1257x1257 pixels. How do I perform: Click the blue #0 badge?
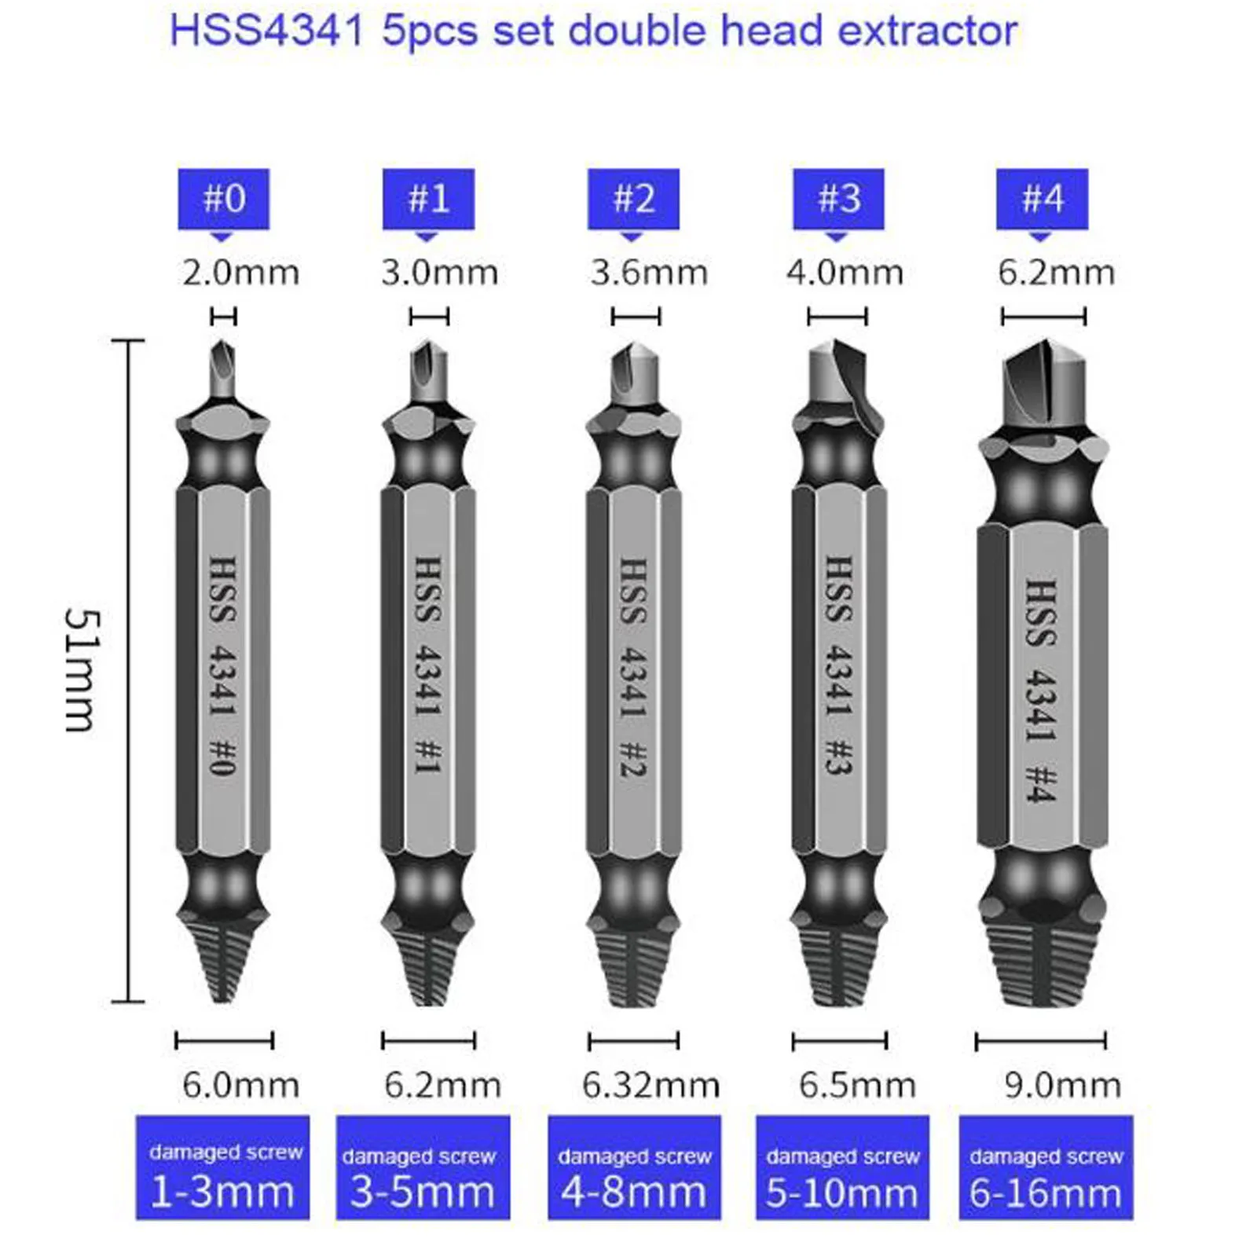pos(224,199)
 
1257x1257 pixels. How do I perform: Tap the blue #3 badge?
pos(838,199)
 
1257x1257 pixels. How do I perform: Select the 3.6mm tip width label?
pos(649,273)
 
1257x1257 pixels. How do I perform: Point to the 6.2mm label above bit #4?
pos(1056,273)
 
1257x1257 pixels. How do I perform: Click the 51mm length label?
pos(82,670)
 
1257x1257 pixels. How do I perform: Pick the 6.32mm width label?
pos(650,1085)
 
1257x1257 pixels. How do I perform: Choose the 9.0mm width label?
pos(1062,1085)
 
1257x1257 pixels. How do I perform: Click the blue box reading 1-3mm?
pos(222,1167)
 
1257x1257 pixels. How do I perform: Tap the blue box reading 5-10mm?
pos(842,1167)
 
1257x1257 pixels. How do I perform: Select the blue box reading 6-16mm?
pos(1046,1167)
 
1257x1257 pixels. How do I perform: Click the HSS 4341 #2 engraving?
pos(633,668)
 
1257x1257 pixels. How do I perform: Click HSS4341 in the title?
pos(267,31)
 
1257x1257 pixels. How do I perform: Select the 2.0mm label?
pos(240,273)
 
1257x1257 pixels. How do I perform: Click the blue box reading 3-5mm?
pos(423,1167)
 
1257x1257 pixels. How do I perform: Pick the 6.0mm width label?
pos(240,1085)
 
